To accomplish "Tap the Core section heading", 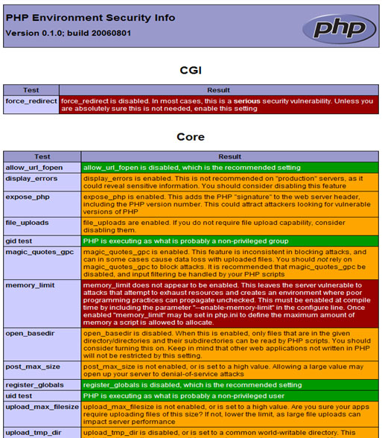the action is pyautogui.click(x=191, y=137).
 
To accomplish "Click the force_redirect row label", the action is pyautogui.click(x=31, y=100).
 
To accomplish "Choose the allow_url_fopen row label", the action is pyautogui.click(x=34, y=168).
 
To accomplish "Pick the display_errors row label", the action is pyautogui.click(x=31, y=178).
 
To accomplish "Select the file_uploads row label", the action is pyautogui.click(x=28, y=222).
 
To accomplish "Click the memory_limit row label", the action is pyautogui.click(x=30, y=285).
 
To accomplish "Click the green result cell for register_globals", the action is pyautogui.click(x=230, y=385).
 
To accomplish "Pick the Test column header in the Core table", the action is pyautogui.click(x=42, y=156).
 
